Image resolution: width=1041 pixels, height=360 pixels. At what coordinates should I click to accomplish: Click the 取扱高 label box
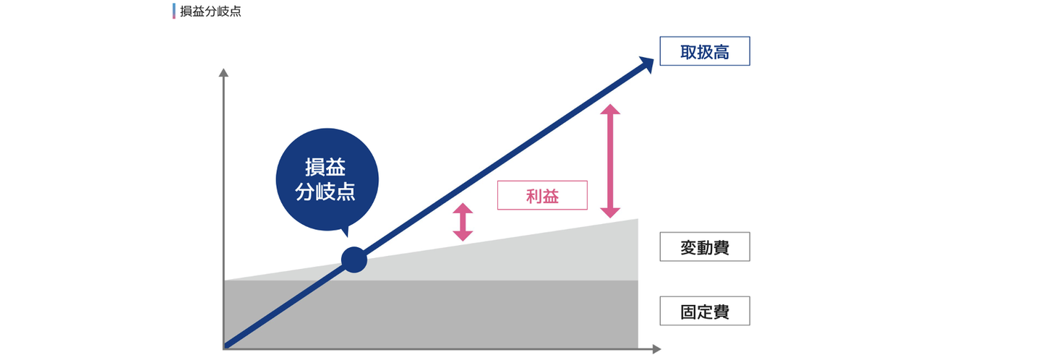pyautogui.click(x=705, y=51)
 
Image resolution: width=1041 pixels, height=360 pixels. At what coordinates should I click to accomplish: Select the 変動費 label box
pyautogui.click(x=705, y=247)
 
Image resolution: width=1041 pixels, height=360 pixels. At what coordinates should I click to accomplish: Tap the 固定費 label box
pyautogui.click(x=705, y=311)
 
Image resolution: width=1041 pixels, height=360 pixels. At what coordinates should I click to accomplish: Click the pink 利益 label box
pyautogui.click(x=542, y=195)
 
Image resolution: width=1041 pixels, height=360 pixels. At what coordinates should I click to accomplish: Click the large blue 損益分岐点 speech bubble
pyautogui.click(x=327, y=180)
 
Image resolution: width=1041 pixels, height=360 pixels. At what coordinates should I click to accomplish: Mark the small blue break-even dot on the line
pyautogui.click(x=354, y=260)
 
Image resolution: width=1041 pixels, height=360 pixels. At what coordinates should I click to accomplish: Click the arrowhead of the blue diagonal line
pyautogui.click(x=646, y=63)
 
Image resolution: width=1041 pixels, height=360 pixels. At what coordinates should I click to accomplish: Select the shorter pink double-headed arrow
pyautogui.click(x=463, y=222)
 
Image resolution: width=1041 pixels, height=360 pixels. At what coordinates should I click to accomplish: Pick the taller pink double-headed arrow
pyautogui.click(x=611, y=160)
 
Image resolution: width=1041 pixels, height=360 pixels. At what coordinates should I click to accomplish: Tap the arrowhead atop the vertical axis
pyautogui.click(x=223, y=72)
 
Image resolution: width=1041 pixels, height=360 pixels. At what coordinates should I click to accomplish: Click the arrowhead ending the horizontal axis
pyautogui.click(x=656, y=349)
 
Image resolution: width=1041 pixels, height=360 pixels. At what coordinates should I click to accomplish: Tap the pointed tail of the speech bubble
pyautogui.click(x=344, y=231)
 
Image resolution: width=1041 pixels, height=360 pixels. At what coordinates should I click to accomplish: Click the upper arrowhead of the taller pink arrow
pyautogui.click(x=611, y=109)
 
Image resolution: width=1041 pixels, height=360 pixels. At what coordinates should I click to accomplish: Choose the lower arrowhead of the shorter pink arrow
pyautogui.click(x=463, y=236)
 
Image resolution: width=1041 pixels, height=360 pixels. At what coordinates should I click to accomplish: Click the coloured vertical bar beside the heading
pyautogui.click(x=173, y=12)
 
